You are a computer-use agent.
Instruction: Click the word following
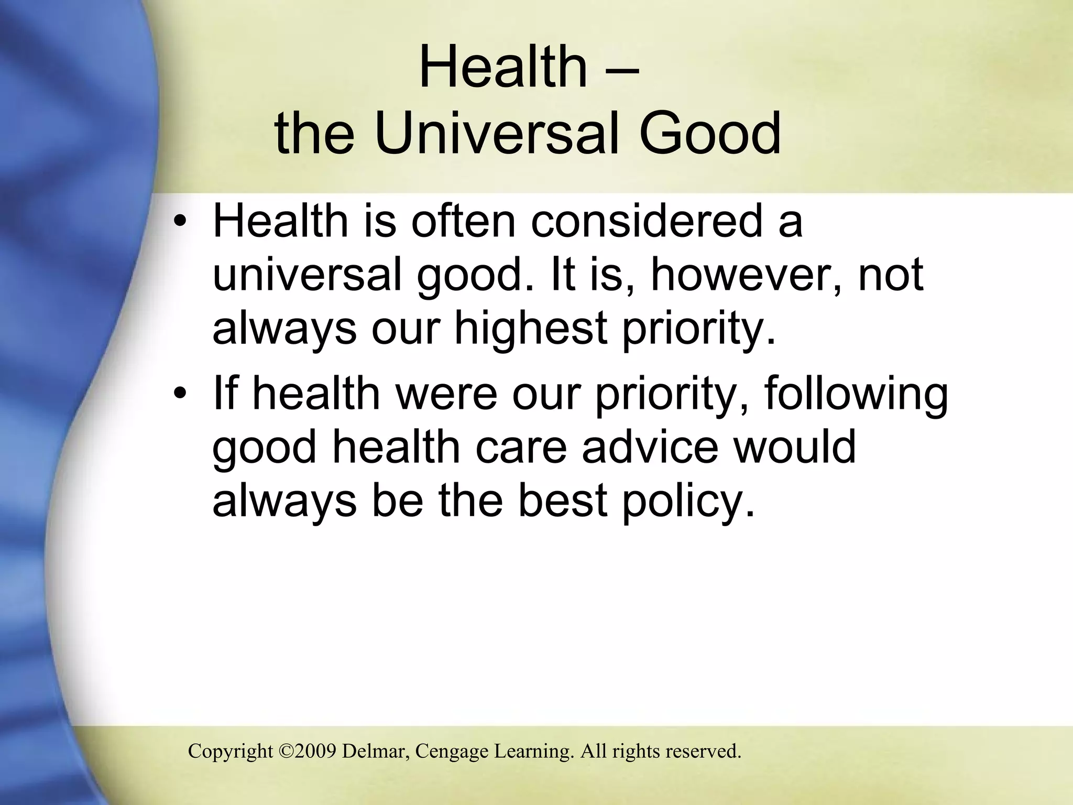pyautogui.click(x=856, y=394)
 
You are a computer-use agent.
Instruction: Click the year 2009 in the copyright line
pyautogui.click(x=316, y=752)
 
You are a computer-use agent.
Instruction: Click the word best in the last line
pyautogui.click(x=563, y=501)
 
